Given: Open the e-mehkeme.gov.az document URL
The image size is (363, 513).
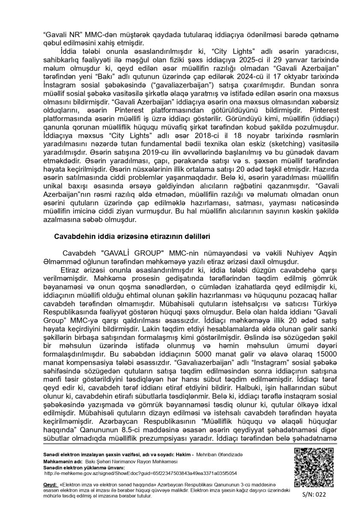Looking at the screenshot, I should pyautogui.click(x=141, y=473).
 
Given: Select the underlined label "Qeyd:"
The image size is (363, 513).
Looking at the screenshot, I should pyautogui.click(x=50, y=485).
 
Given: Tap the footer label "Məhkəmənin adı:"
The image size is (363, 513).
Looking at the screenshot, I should pyautogui.click(x=60, y=461).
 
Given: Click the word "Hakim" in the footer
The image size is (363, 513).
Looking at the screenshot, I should pyautogui.click(x=181, y=454).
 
